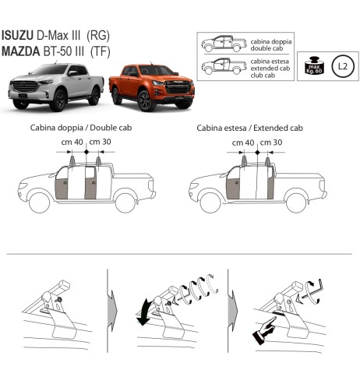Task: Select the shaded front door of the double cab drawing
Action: (x=62, y=185)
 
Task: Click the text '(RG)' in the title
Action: (x=98, y=37)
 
